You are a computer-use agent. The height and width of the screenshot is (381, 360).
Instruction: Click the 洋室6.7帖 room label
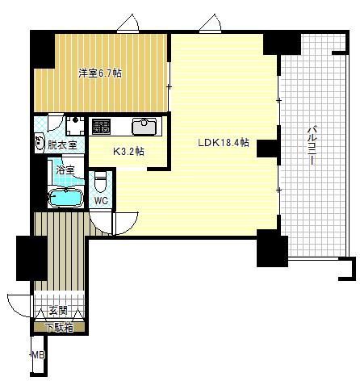coord(100,73)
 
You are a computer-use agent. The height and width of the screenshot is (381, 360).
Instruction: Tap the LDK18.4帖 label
coord(224,142)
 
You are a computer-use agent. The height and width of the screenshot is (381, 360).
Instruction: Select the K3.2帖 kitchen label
coord(128,152)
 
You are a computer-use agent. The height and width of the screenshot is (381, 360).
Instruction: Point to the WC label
coord(101,200)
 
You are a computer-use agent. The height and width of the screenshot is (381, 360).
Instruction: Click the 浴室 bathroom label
coord(65,170)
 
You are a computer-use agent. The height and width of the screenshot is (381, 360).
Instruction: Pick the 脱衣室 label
coord(62,145)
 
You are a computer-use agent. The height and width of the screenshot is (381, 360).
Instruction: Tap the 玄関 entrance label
coord(58,311)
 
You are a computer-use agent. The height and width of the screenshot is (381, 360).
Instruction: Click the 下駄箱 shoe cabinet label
coord(60,328)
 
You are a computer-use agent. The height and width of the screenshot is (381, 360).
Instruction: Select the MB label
coord(38,355)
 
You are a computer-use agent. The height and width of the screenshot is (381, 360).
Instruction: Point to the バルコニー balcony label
coord(312,145)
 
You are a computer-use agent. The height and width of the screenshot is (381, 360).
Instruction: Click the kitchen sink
coord(144,127)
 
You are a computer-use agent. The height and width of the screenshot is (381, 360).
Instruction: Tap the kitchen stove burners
coord(101,127)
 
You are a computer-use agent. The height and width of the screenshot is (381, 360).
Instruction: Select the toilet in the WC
coord(101,181)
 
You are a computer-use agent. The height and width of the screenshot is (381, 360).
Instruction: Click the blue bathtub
coord(65,199)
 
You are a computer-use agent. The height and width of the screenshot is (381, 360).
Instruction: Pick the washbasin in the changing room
coord(40,142)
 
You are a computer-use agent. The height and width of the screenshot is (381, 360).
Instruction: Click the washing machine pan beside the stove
coord(75,126)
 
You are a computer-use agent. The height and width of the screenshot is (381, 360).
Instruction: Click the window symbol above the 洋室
coord(128,23)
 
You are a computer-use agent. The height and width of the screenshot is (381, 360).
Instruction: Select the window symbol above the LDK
coord(211,23)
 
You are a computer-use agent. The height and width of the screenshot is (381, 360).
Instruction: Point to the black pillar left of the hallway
coord(31,258)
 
